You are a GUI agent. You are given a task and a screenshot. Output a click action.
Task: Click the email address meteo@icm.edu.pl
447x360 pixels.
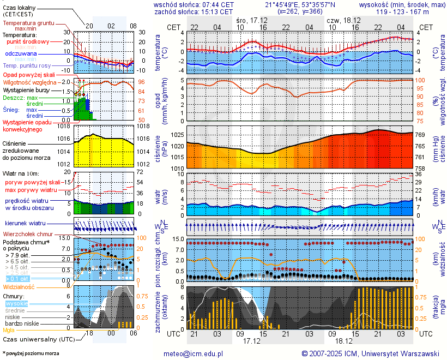194,353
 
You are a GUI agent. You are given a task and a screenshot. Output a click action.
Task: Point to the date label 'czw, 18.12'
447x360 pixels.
341,20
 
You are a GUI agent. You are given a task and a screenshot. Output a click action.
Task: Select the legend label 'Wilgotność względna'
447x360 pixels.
33,82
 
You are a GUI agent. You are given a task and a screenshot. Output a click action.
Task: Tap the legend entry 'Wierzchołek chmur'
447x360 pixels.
29,233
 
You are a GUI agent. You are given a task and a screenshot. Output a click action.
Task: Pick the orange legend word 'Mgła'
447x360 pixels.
9,330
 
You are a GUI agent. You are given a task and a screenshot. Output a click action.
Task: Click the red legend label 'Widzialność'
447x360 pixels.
19,286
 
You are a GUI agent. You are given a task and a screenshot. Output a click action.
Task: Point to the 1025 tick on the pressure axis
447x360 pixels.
177,135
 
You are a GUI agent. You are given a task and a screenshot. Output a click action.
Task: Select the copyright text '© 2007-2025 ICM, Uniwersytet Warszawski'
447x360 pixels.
371,353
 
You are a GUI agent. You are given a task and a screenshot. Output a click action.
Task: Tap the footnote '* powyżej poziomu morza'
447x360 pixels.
31,353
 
